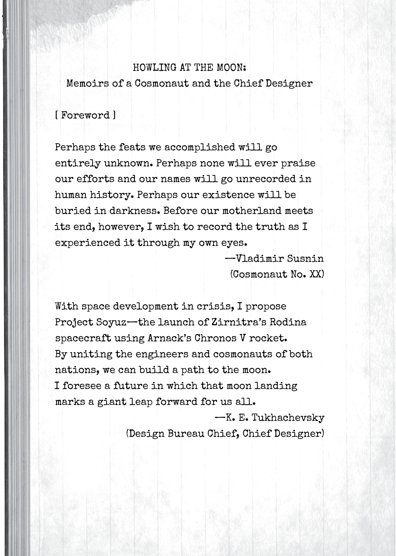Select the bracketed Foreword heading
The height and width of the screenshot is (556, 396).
pyautogui.click(x=85, y=115)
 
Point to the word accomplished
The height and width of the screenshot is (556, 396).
pyautogui.click(x=200, y=147)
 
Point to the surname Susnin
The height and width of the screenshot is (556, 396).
pyautogui.click(x=305, y=259)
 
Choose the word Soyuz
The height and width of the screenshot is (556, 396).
pyautogui.click(x=112, y=322)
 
